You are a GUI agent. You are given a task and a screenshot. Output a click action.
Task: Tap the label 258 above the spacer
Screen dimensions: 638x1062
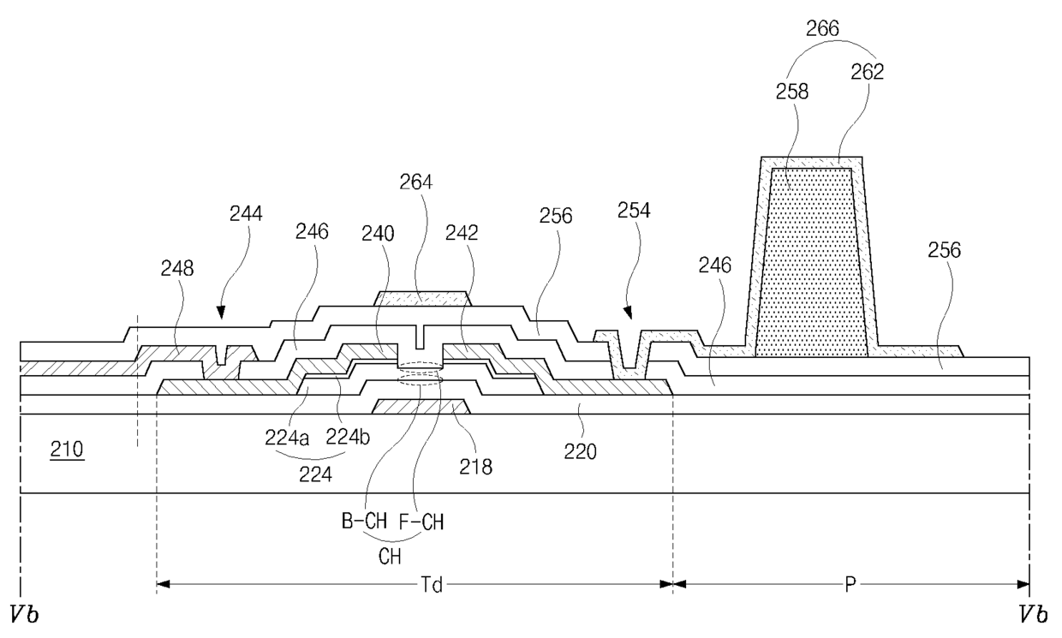point(791,92)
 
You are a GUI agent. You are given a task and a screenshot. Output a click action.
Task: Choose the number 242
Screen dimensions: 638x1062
point(462,233)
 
